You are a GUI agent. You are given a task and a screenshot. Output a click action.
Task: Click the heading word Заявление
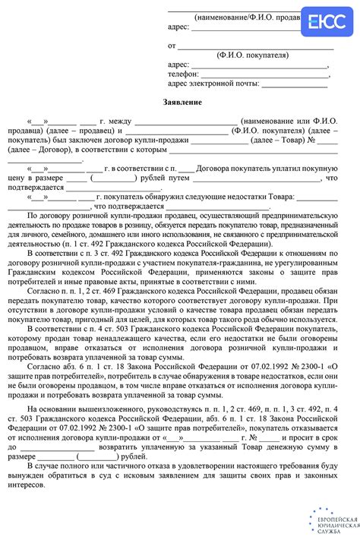(x=182, y=102)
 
